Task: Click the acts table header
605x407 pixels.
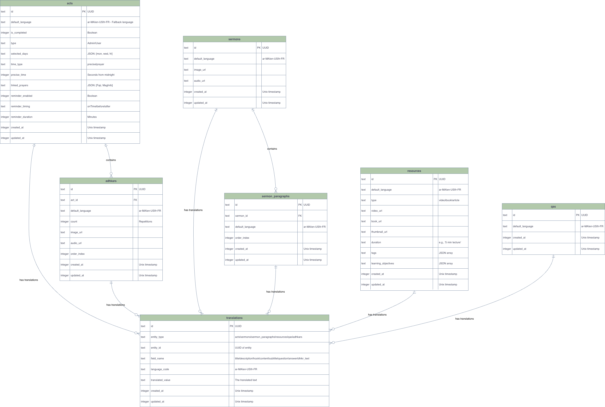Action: [x=70, y=3]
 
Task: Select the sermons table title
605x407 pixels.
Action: [x=234, y=39]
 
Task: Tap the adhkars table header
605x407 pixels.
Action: [x=111, y=181]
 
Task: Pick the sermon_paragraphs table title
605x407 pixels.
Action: [x=275, y=196]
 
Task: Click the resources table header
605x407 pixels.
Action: [x=414, y=171]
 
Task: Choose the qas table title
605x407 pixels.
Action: [x=553, y=207]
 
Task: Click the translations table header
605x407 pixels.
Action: [x=234, y=318]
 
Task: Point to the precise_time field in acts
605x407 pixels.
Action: [x=18, y=75]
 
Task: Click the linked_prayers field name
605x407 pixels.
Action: [x=19, y=85]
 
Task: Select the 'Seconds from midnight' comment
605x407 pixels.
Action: [x=101, y=75]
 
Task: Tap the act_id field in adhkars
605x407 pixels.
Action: [x=74, y=200]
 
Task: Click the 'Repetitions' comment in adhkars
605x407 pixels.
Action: [x=145, y=222]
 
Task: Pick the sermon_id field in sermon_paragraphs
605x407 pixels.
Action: [x=241, y=216]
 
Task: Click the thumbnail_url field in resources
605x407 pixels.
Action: [x=379, y=232]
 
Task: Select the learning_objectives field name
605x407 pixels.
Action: [x=382, y=263]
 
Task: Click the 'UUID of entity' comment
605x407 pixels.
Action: [x=243, y=348]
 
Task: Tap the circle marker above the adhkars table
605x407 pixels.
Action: [x=111, y=173]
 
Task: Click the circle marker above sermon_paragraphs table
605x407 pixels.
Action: [x=276, y=189]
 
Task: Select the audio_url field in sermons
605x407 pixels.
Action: [x=200, y=81]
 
